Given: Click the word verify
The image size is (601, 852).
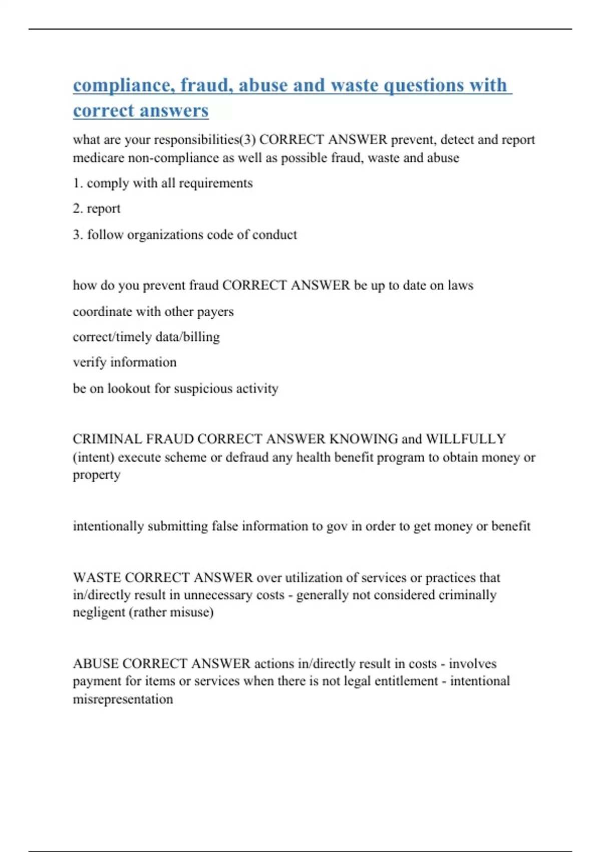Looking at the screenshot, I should pyautogui.click(x=90, y=362).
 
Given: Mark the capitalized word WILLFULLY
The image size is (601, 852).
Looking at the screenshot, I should pyautogui.click(x=466, y=439).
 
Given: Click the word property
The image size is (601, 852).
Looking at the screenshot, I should pyautogui.click(x=97, y=475).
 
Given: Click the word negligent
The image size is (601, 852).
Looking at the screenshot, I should pyautogui.click(x=98, y=612).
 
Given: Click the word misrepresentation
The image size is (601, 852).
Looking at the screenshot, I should pyautogui.click(x=123, y=699).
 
